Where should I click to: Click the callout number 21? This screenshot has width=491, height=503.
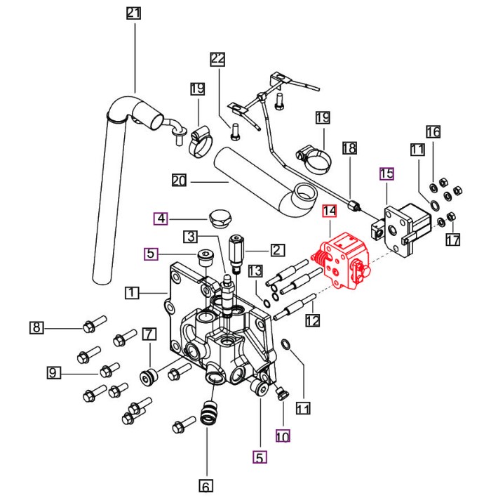pyautogui.click(x=134, y=13)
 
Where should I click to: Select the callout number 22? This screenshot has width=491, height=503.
pyautogui.click(x=218, y=59)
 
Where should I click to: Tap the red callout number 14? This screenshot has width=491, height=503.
pyautogui.click(x=330, y=211)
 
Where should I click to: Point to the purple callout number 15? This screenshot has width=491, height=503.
pyautogui.click(x=386, y=174)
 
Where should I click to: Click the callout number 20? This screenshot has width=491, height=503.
pyautogui.click(x=179, y=181)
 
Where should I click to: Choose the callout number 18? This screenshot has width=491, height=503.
pyautogui.click(x=349, y=148)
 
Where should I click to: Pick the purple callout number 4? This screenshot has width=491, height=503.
pyautogui.click(x=161, y=218)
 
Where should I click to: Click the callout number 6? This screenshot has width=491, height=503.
pyautogui.click(x=206, y=486)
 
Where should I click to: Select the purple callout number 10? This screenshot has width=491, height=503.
pyautogui.click(x=283, y=436)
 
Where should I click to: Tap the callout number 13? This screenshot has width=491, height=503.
pyautogui.click(x=255, y=271)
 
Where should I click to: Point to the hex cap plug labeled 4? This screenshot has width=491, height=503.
pyautogui.click(x=220, y=218)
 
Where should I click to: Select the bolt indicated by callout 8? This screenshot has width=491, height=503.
pyautogui.click(x=94, y=323)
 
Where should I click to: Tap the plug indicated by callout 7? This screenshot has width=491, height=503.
pyautogui.click(x=149, y=378)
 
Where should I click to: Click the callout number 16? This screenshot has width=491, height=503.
pyautogui.click(x=433, y=131)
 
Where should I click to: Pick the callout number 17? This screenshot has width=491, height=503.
pyautogui.click(x=453, y=240)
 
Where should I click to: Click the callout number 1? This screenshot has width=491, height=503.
pyautogui.click(x=132, y=292)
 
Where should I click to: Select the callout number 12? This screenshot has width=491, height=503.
pyautogui.click(x=312, y=320)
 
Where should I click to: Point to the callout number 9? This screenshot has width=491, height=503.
pyautogui.click(x=53, y=372)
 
